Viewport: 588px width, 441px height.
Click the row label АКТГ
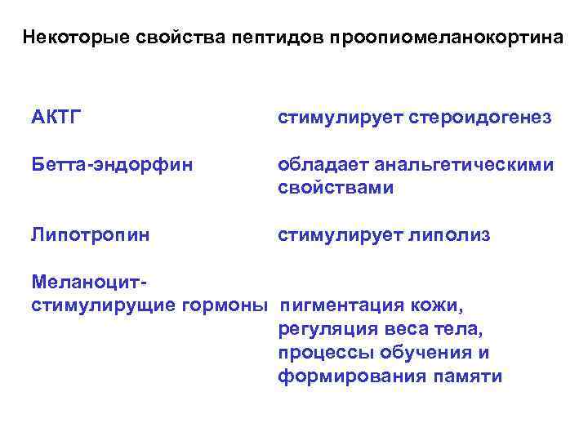[54, 118]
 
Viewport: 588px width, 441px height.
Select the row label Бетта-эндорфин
[112, 165]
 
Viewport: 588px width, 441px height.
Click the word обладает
[323, 165]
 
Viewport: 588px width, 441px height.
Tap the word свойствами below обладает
[335, 188]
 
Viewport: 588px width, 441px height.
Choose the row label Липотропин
[90, 235]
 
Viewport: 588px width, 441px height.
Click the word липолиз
[457, 235]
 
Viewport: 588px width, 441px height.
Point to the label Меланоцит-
[88, 282]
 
